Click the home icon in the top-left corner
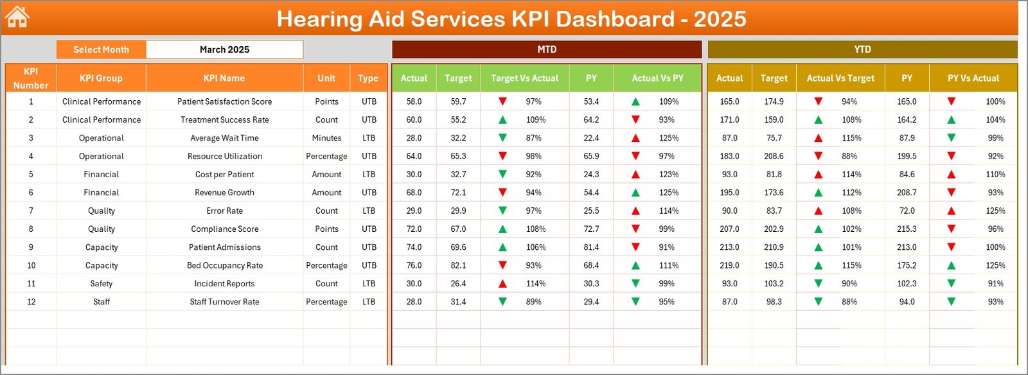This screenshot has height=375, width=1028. click(17, 17)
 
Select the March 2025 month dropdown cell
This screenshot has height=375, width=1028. click(224, 49)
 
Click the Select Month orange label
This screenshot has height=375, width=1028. click(101, 49)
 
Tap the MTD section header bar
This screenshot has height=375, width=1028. click(547, 49)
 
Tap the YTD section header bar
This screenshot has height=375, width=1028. click(862, 49)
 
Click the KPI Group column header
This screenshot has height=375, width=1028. click(101, 78)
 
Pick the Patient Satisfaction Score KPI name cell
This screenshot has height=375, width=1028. click(224, 101)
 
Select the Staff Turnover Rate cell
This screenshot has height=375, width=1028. click(224, 302)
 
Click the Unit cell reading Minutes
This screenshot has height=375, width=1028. click(326, 138)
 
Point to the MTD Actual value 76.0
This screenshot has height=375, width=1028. click(414, 265)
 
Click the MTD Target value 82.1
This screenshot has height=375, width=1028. click(458, 265)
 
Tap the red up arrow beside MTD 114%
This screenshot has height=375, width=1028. click(502, 284)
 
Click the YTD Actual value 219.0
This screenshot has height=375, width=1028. click(729, 265)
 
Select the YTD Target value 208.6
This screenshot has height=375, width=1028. click(774, 156)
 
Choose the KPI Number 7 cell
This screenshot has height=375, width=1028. click(31, 211)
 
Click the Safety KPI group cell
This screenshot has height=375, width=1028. click(101, 284)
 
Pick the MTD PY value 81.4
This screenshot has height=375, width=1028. click(591, 247)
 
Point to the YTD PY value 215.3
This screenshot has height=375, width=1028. click(907, 229)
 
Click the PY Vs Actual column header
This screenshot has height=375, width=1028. click(973, 78)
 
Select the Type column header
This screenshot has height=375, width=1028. click(368, 78)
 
